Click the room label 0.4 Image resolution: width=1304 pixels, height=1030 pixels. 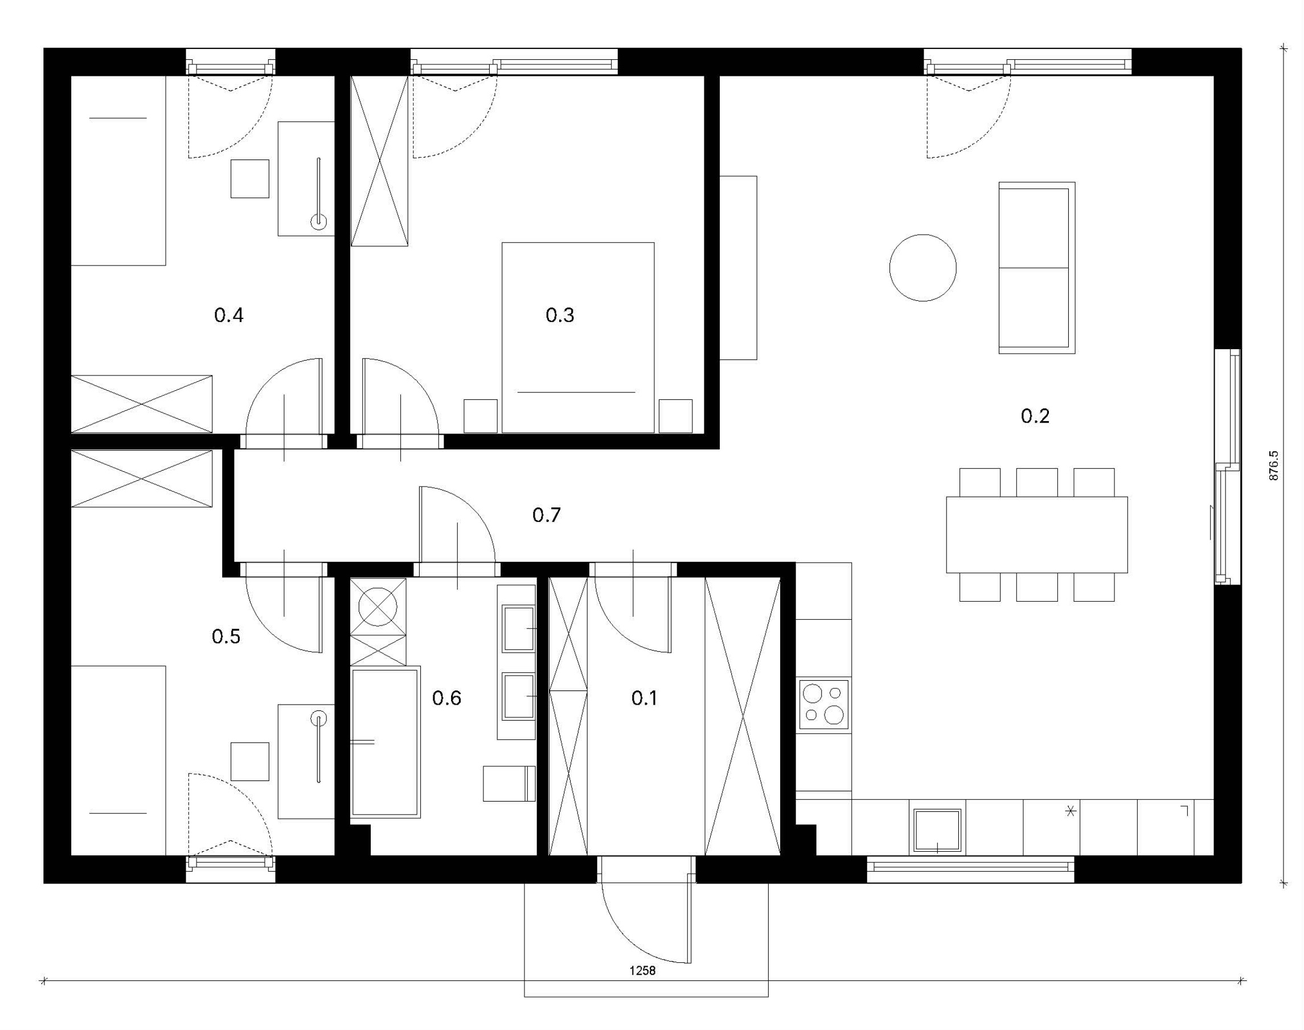(x=228, y=315)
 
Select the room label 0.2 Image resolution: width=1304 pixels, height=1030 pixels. (x=1035, y=415)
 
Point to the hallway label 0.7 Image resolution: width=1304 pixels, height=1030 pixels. (x=546, y=514)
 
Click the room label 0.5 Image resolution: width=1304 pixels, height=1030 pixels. (x=226, y=636)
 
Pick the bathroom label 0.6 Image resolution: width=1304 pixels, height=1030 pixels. (x=447, y=698)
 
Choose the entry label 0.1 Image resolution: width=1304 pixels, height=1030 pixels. (x=644, y=698)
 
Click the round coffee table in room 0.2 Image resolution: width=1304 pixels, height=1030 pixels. (x=922, y=268)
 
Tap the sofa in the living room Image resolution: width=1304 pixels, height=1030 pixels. (x=1036, y=268)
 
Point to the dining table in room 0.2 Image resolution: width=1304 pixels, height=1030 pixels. (x=1036, y=534)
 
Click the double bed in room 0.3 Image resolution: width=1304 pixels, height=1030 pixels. (x=577, y=337)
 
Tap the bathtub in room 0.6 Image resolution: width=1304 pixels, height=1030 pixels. (x=386, y=742)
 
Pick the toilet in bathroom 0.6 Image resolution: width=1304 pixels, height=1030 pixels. (x=510, y=783)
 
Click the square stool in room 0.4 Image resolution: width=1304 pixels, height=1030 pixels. (x=249, y=178)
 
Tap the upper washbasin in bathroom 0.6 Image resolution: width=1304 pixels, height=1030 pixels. (x=518, y=629)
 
